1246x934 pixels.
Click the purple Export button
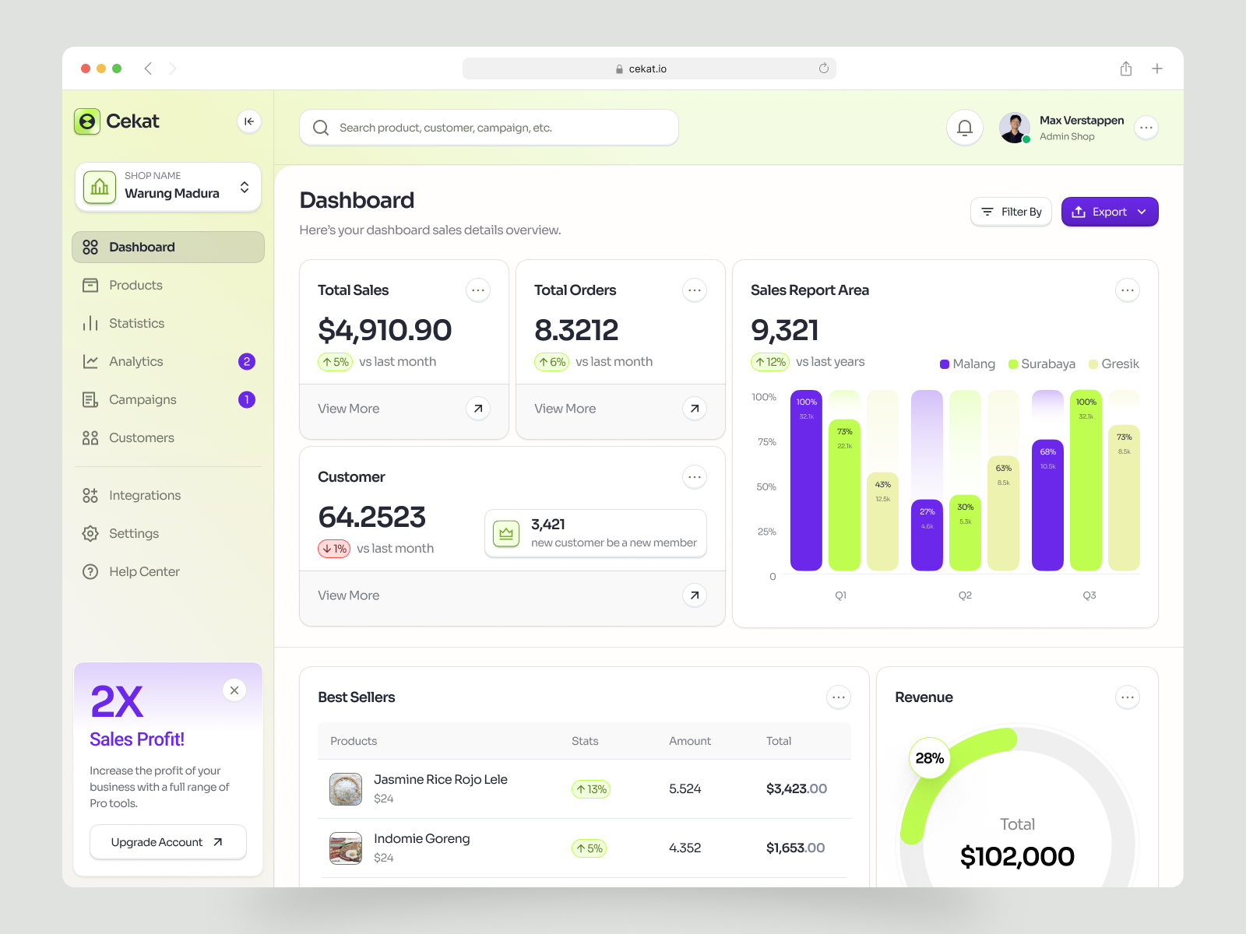(x=1109, y=212)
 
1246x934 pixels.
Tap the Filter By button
(x=1011, y=212)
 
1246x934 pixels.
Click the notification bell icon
(x=964, y=128)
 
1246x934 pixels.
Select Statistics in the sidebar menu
(x=136, y=323)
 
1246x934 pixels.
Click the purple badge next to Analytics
(x=246, y=361)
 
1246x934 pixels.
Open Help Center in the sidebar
(x=144, y=571)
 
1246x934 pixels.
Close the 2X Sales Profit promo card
(x=234, y=690)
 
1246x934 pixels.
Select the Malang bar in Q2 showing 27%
(x=927, y=535)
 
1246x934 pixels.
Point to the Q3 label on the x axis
(x=1089, y=595)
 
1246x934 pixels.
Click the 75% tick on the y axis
(x=766, y=442)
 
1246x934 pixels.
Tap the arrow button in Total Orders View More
(x=694, y=408)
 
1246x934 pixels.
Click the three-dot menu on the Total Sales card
(x=478, y=290)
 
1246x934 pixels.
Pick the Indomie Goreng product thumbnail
(x=346, y=848)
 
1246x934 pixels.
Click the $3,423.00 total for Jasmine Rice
(x=796, y=788)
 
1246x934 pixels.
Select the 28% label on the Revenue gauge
(x=929, y=758)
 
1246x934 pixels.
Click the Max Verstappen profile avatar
(x=1014, y=128)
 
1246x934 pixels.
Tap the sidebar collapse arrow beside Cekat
(x=248, y=121)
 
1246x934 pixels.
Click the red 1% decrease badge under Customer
(x=334, y=549)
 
